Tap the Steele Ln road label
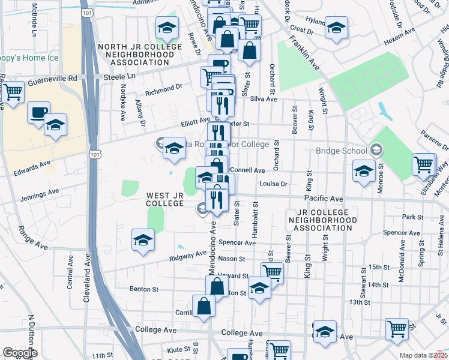(x=119, y=77)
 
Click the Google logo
(x=20, y=353)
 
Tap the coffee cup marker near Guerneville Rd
(x=39, y=112)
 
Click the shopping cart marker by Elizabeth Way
(x=424, y=164)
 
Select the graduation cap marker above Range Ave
(x=143, y=240)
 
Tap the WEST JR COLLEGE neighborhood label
(x=164, y=199)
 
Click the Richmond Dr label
(x=164, y=89)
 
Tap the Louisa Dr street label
(x=274, y=184)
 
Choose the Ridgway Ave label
(x=188, y=255)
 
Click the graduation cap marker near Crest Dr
(x=336, y=29)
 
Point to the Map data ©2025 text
(x=423, y=355)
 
